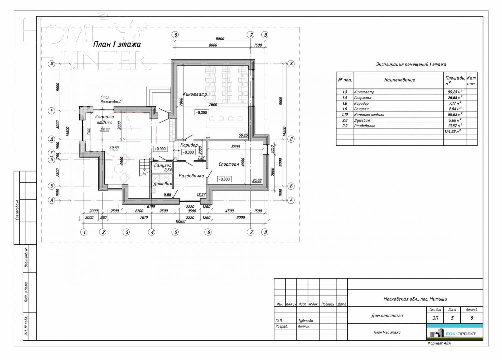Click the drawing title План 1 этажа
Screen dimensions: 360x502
[x=117, y=44]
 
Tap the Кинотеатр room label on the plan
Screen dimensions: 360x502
[x=195, y=94]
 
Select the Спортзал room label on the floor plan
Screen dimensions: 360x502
[x=229, y=164]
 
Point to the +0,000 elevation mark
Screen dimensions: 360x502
[x=160, y=149]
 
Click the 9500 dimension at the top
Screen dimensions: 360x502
[x=220, y=39]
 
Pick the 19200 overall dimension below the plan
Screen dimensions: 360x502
[x=180, y=221]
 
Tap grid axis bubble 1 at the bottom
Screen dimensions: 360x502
[x=84, y=232]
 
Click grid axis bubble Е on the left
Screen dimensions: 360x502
[x=52, y=111]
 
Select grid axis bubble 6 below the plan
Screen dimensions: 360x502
[x=209, y=232]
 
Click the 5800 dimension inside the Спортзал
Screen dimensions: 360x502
[x=235, y=147]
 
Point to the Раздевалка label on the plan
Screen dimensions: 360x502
[x=191, y=176]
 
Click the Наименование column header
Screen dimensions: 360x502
[x=399, y=80]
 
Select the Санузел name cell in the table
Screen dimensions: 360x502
[x=361, y=109]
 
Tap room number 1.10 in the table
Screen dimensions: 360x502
[x=345, y=115]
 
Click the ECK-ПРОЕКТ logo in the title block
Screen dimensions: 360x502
[x=454, y=333]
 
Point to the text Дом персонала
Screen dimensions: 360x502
[x=387, y=315]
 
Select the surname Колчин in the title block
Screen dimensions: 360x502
[x=304, y=327]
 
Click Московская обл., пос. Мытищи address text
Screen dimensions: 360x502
[x=415, y=299]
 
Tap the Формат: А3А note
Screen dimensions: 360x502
[x=439, y=343]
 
